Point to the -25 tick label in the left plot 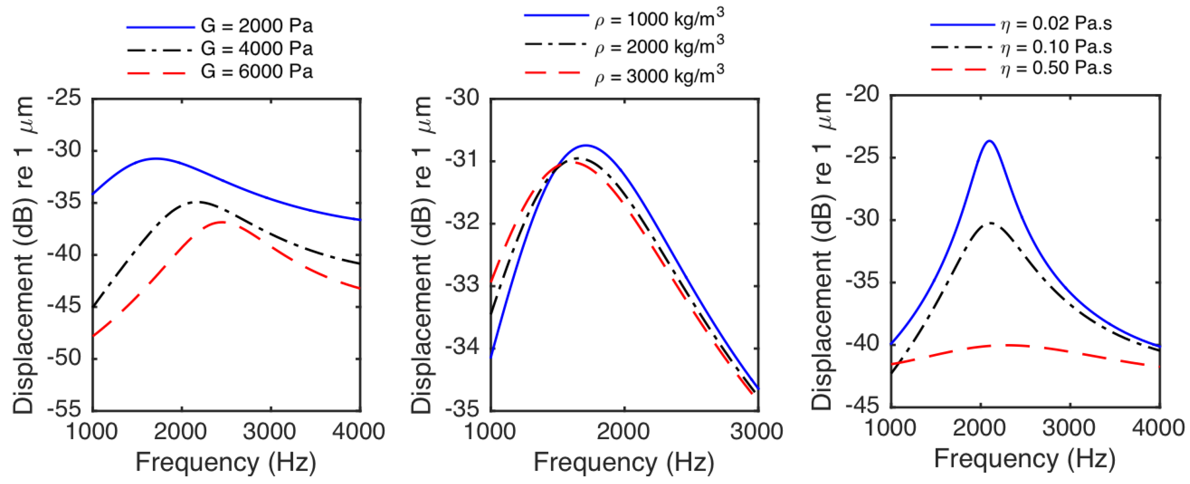[x=64, y=98]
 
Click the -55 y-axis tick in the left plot [x=64, y=409]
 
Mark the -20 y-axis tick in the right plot [x=862, y=95]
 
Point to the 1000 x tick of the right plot [x=890, y=428]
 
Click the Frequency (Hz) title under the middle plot [x=624, y=462]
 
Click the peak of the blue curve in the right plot [x=989, y=141]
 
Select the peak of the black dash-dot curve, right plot [x=990, y=223]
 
